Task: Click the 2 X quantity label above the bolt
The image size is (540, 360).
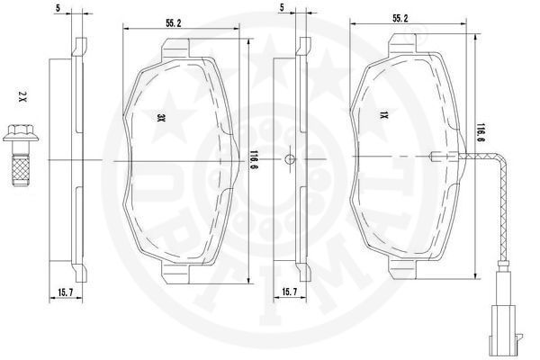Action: point(22,98)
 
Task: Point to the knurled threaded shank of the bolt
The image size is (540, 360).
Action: point(21,170)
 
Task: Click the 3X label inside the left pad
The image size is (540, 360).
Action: point(161,118)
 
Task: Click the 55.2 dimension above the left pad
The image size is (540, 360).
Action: point(174,23)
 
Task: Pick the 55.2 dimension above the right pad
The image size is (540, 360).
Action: point(400,19)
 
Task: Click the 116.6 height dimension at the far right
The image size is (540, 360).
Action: point(481,133)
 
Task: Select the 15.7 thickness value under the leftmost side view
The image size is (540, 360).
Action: point(66,292)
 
